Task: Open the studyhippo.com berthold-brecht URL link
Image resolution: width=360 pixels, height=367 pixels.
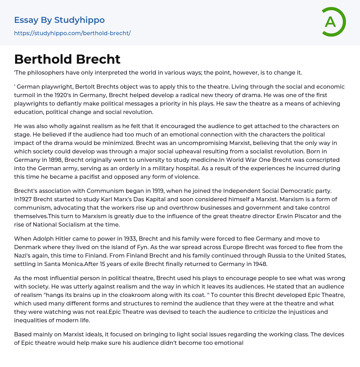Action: point(72,33)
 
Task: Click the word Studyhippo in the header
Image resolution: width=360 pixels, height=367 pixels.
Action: point(79,20)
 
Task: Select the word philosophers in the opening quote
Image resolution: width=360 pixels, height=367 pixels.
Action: point(44,73)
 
